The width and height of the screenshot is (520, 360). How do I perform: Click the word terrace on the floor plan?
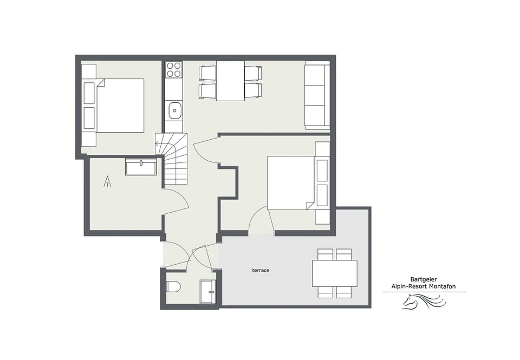point(260,270)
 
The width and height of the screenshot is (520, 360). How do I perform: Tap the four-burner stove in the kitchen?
point(174,69)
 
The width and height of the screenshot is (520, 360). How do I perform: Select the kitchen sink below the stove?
point(174,110)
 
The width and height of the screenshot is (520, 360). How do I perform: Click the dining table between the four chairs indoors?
point(230,81)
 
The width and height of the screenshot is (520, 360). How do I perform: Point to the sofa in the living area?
point(317,97)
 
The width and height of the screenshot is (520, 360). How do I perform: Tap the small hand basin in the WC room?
point(207,292)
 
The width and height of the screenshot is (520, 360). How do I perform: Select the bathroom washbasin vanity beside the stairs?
point(141,166)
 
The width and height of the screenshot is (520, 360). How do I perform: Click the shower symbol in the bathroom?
point(108,181)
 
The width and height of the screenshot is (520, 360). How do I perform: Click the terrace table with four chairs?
point(334,273)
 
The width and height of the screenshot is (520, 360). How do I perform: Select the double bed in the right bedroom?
point(291,183)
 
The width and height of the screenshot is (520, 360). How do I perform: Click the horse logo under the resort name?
point(424,302)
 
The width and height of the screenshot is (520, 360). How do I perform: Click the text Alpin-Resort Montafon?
point(424,286)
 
